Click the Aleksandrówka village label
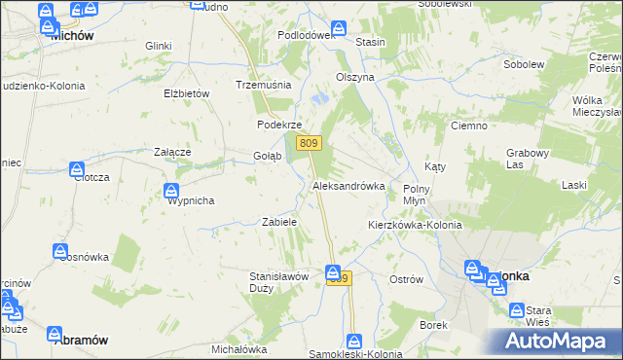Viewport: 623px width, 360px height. point(348,186)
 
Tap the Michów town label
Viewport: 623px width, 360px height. point(70,34)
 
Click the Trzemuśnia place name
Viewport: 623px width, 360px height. point(264,85)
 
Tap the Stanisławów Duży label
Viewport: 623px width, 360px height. point(279,282)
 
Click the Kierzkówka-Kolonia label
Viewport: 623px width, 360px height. point(414,225)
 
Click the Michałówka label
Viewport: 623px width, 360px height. point(238,348)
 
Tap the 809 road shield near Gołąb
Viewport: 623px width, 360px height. point(309,144)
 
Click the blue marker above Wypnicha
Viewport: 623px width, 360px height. point(171,190)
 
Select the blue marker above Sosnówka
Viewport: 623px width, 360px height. point(60,252)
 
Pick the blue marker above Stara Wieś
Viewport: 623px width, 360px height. point(519,309)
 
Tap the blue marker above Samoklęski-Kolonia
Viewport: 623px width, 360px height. point(355,342)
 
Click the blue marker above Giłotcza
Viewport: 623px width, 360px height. point(78,169)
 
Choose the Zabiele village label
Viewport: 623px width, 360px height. point(279,222)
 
